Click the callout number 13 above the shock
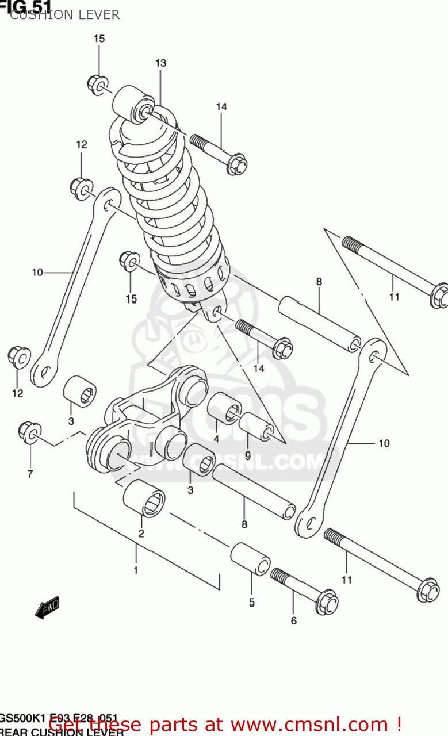coord(160,63)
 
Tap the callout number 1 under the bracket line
coord(136,570)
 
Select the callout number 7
coord(29,474)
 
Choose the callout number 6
coord(293,621)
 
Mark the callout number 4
coord(216,439)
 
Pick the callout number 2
coord(141,534)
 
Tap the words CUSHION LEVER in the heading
coord(64,15)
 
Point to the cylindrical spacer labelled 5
coord(251,558)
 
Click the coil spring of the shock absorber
coord(167,195)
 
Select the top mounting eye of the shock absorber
coord(133,105)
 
